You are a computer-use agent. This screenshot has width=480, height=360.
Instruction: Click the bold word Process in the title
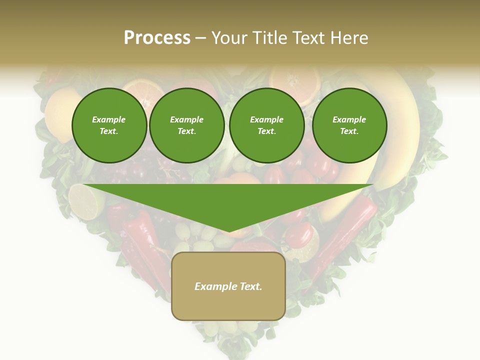click(x=157, y=38)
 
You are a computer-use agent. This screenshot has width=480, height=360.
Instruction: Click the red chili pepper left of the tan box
click(x=145, y=245)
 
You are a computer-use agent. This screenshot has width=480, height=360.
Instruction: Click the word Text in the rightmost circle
click(x=349, y=131)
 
